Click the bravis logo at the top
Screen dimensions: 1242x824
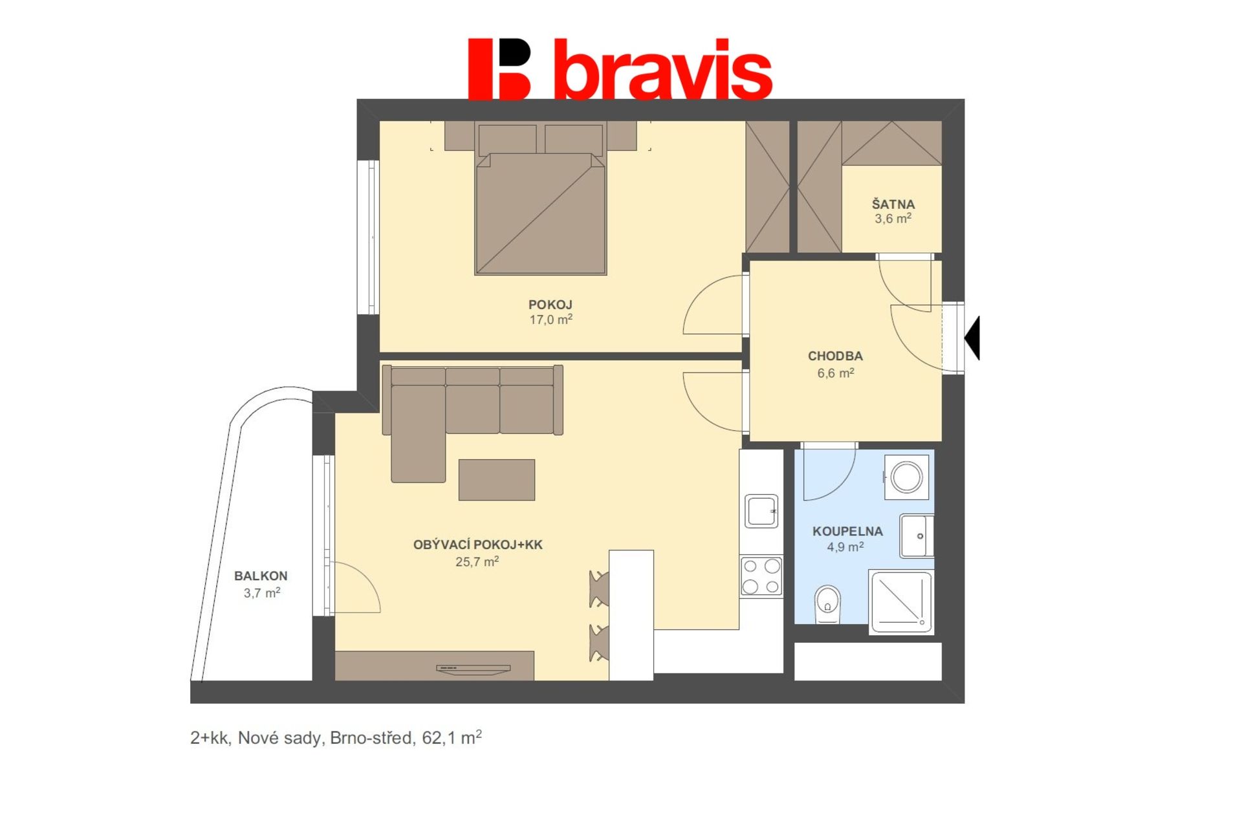pyautogui.click(x=620, y=69)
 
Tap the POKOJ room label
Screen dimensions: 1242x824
pyautogui.click(x=550, y=305)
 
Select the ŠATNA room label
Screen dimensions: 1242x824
pyautogui.click(x=893, y=204)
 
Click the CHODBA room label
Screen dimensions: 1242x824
pyautogui.click(x=835, y=356)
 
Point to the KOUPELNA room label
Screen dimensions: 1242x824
pyautogui.click(x=847, y=531)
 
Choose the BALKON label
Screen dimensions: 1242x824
pyautogui.click(x=261, y=576)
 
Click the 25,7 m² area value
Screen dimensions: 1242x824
pyautogui.click(x=477, y=561)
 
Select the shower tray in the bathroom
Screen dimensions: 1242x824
pyautogui.click(x=900, y=602)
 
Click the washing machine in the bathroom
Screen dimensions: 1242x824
pyautogui.click(x=906, y=477)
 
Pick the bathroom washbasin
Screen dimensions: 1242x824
pyautogui.click(x=917, y=536)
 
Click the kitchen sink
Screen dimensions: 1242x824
pyautogui.click(x=761, y=511)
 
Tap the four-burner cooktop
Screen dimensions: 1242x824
pyautogui.click(x=761, y=576)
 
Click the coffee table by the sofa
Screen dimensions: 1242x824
pyautogui.click(x=497, y=480)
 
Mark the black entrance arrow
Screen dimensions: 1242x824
pyautogui.click(x=972, y=338)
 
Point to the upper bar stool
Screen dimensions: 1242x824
pyautogui.click(x=600, y=589)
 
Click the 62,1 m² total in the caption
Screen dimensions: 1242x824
pyautogui.click(x=452, y=737)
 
